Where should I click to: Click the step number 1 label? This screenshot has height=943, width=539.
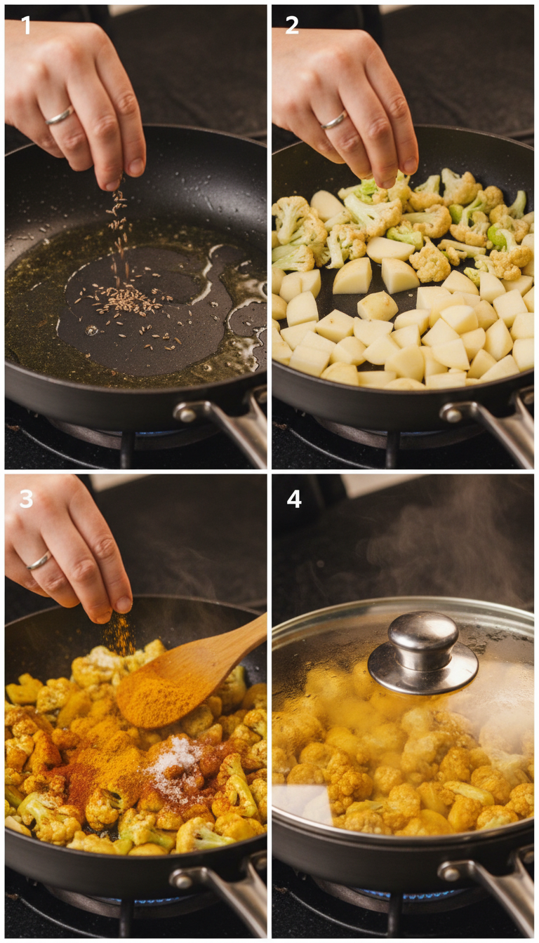click(x=26, y=26)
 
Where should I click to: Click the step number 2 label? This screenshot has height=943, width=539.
click(x=292, y=26)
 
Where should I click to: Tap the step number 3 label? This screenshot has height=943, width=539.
click(x=26, y=499)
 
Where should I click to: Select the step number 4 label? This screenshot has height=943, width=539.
click(x=294, y=499)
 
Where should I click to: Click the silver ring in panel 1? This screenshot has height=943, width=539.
click(x=60, y=116)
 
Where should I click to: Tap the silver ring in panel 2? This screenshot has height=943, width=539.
click(x=333, y=121)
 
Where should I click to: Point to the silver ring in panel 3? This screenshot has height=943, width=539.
click(x=39, y=561)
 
